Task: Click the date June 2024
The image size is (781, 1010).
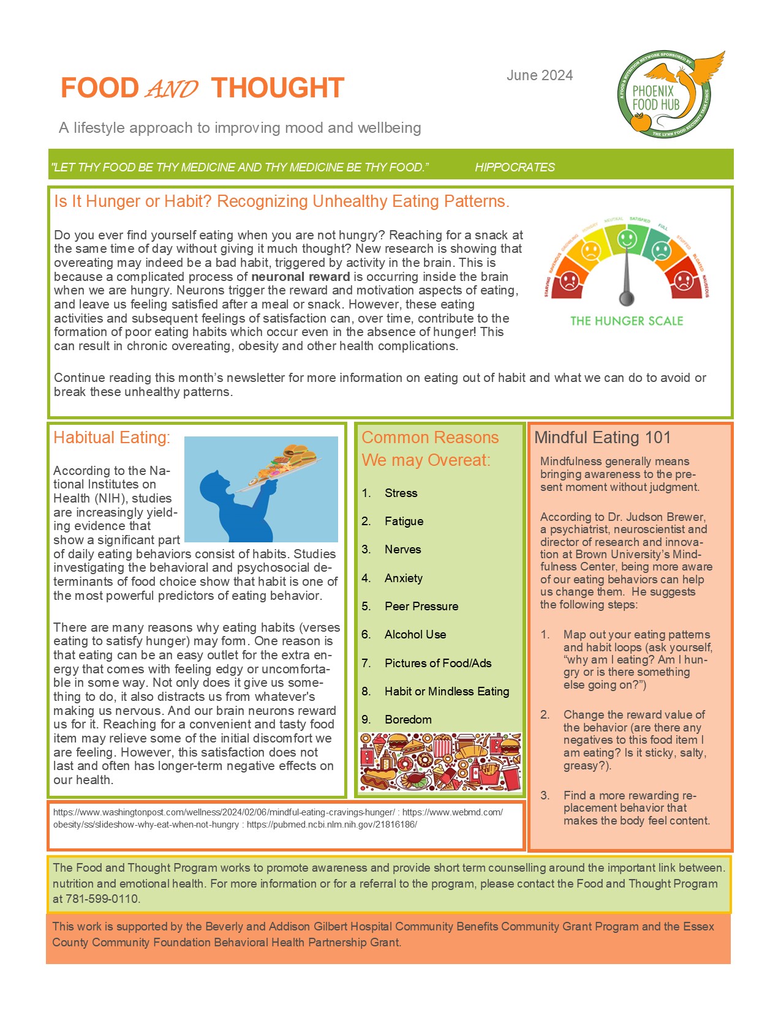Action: click(540, 75)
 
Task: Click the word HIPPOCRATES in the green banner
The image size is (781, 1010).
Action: click(515, 167)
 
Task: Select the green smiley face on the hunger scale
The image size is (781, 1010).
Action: click(627, 238)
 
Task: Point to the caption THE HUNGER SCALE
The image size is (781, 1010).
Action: click(626, 321)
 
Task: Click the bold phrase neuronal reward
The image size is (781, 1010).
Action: click(300, 277)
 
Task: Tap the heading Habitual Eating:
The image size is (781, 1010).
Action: click(111, 438)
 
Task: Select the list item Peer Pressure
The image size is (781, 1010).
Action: click(421, 606)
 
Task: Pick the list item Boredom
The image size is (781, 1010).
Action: click(408, 719)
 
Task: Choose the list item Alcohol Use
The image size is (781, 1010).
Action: click(415, 634)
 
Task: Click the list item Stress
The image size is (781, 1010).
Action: click(401, 493)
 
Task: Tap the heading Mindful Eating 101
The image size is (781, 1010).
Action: click(602, 438)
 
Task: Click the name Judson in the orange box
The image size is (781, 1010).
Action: click(649, 517)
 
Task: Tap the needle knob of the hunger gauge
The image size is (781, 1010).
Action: click(626, 299)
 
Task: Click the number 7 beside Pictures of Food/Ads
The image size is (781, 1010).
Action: click(366, 663)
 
